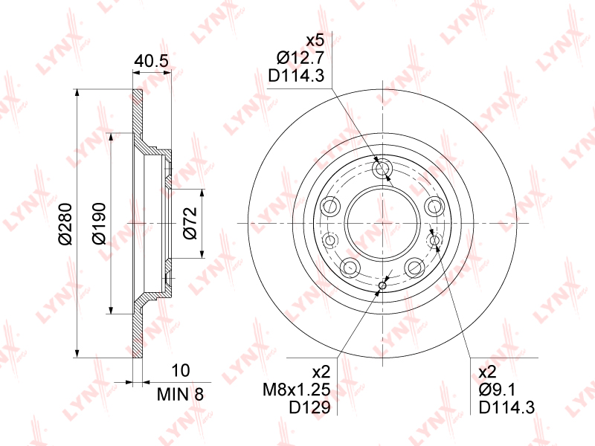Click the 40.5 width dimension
pyautogui.click(x=152, y=60)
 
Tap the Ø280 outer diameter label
pyautogui.click(x=65, y=224)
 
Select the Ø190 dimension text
pyautogui.click(x=99, y=224)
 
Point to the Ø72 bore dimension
pyautogui.click(x=190, y=224)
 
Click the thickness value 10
pyautogui.click(x=180, y=370)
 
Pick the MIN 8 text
pyautogui.click(x=180, y=395)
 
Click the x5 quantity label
pyautogui.click(x=315, y=40)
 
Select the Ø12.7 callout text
pyautogui.click(x=300, y=58)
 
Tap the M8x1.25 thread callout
pyautogui.click(x=297, y=390)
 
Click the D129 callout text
pyautogui.click(x=309, y=407)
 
